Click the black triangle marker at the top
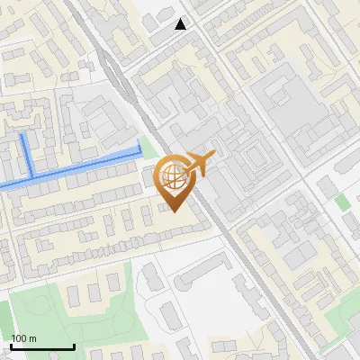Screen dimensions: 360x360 pyautogui.click(x=181, y=24)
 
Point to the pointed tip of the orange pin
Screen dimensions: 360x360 pyautogui.click(x=174, y=210)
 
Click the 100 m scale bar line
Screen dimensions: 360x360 pyautogui.click(x=42, y=346)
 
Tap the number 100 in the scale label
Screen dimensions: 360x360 pyautogui.click(x=20, y=338)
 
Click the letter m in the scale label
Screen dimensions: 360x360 pyautogui.click(x=33, y=338)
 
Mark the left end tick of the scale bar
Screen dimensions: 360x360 pyautogui.click(x=11, y=345)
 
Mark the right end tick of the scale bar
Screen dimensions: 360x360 pyautogui.click(x=74, y=345)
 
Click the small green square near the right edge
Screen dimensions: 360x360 pyautogui.click(x=343, y=202)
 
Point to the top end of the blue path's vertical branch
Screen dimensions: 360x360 pyautogui.click(x=22, y=135)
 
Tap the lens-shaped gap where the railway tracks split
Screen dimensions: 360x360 pyautogui.click(x=112, y=67)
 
